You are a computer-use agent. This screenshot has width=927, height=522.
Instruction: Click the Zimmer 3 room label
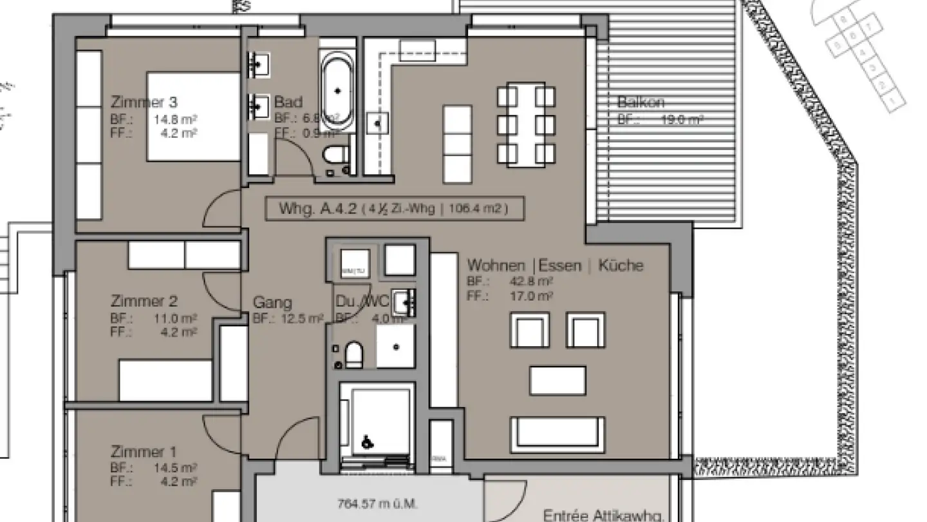tap(144, 102)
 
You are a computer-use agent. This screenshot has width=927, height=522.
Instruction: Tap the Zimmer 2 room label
tap(144, 301)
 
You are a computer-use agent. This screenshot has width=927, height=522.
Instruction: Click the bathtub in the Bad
tap(337, 90)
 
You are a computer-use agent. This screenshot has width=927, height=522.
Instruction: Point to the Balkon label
tap(641, 102)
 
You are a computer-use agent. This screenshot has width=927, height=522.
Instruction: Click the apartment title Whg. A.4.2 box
tap(394, 209)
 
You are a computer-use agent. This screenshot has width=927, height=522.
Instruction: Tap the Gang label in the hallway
tap(272, 302)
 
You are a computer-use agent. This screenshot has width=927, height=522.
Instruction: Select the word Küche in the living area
tap(621, 265)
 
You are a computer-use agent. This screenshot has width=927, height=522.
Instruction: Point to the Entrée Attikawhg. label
tap(603, 515)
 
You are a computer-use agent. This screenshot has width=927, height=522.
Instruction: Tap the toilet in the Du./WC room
tap(353, 354)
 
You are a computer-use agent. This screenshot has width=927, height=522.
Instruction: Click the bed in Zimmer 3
tap(193, 117)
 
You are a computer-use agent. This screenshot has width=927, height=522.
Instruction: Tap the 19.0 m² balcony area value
tap(682, 119)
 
